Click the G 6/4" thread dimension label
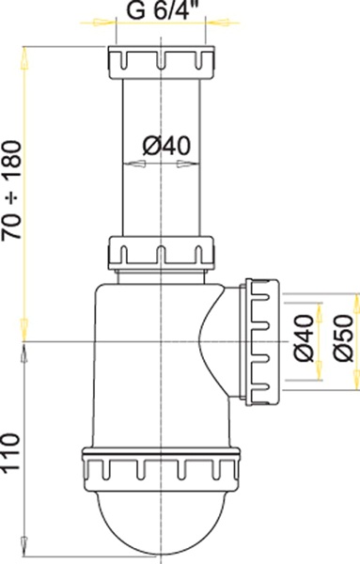pos(162,13)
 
